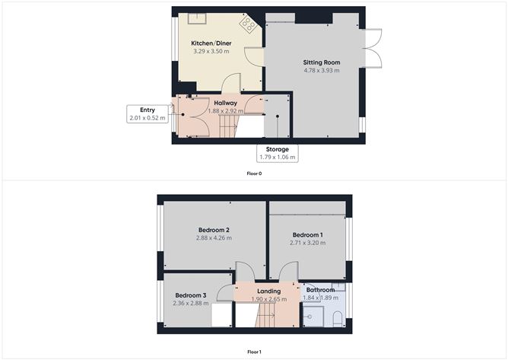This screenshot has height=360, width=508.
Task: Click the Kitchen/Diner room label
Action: point(211,43)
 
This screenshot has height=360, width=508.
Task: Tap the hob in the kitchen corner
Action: point(247,24)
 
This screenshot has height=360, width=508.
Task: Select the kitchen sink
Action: point(197,18)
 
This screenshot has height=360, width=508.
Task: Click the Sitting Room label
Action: point(322,62)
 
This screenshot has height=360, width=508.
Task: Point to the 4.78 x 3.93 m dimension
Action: point(322,70)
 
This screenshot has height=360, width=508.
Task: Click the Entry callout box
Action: point(148,114)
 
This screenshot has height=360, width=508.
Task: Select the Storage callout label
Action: point(278,153)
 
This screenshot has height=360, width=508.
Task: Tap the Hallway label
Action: point(226,103)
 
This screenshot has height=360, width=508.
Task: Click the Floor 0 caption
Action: point(254,174)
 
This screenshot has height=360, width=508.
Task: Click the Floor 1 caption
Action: point(254,352)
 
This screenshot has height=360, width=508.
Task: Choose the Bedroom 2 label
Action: point(214,230)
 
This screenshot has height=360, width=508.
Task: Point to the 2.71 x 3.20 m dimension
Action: point(307,243)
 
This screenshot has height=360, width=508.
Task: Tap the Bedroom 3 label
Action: point(190,295)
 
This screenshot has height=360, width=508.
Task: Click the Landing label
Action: point(269,292)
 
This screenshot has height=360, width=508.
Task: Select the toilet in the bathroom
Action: point(337,318)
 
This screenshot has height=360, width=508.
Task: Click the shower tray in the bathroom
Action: point(313,316)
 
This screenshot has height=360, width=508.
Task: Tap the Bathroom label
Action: point(320,290)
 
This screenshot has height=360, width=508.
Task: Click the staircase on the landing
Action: point(265,315)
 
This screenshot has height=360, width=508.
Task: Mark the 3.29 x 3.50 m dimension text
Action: point(211,51)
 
